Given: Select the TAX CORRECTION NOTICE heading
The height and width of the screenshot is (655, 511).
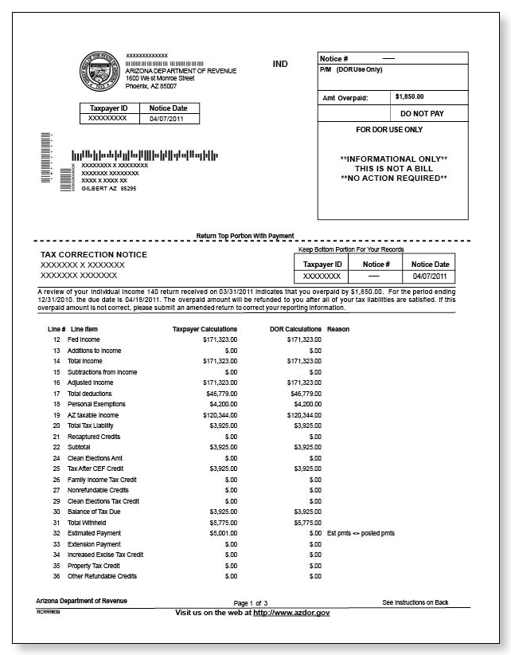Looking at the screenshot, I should [x=94, y=254].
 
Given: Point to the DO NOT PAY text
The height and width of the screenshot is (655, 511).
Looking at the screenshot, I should [x=422, y=114].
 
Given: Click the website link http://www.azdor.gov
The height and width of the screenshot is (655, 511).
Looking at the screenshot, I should [x=291, y=612].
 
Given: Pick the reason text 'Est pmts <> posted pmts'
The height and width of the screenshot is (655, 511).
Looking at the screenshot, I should [x=361, y=532].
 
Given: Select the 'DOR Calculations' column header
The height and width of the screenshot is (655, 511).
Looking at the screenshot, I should [x=291, y=328].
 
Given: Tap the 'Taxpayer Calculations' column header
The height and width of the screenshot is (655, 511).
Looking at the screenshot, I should [x=205, y=328].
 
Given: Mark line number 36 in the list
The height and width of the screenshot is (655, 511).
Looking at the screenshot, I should [x=57, y=576].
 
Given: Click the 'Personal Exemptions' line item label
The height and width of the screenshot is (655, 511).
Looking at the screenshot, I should [x=96, y=404].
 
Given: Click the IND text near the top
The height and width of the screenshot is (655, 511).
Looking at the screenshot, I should [x=280, y=64].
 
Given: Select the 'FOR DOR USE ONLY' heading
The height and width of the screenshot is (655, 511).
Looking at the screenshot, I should [x=389, y=129].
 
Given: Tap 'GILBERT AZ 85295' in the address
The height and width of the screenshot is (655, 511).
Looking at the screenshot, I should [x=109, y=189].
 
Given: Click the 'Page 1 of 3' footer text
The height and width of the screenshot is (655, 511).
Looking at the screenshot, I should [x=250, y=603].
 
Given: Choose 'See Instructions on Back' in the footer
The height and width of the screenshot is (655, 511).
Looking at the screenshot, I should [x=415, y=602].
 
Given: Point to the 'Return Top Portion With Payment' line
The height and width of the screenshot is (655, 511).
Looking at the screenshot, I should [x=245, y=236].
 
